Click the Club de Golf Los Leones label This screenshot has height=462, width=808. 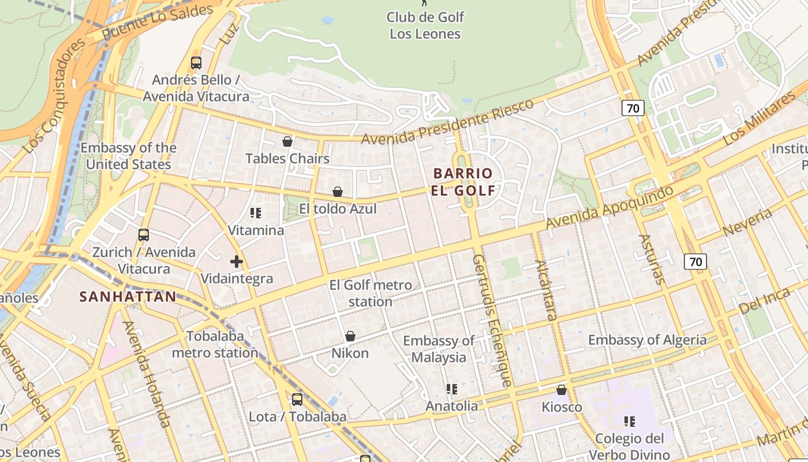pyautogui.click(x=425, y=25)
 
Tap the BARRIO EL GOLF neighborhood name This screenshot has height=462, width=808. pyautogui.click(x=463, y=181)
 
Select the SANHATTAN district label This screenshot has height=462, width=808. pyautogui.click(x=128, y=297)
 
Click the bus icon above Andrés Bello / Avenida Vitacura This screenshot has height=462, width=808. pyautogui.click(x=196, y=63)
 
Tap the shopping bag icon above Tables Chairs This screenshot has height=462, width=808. pyautogui.click(x=287, y=141)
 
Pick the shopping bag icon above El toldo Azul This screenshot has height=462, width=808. pyautogui.click(x=338, y=192)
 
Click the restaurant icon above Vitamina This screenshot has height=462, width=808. pyautogui.click(x=256, y=213)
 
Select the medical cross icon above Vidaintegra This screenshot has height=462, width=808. pyautogui.click(x=237, y=262)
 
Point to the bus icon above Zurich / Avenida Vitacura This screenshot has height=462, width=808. pyautogui.click(x=144, y=235)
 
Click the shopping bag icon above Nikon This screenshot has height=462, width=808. pyautogui.click(x=350, y=336)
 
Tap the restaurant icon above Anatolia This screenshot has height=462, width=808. pyautogui.click(x=452, y=389)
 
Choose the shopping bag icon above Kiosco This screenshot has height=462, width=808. pyautogui.click(x=562, y=390)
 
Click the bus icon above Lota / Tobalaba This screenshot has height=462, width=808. pyautogui.click(x=297, y=399)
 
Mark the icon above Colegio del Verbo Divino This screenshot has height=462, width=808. pyautogui.click(x=630, y=422)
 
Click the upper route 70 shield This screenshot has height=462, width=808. pyautogui.click(x=633, y=108)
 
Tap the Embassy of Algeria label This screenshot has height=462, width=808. pyautogui.click(x=647, y=340)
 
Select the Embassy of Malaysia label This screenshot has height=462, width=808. pyautogui.click(x=439, y=349)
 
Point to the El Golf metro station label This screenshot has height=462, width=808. pyautogui.click(x=371, y=293)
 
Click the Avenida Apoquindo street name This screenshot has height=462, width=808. pyautogui.click(x=609, y=207)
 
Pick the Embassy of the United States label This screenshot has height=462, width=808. pyautogui.click(x=128, y=156)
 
